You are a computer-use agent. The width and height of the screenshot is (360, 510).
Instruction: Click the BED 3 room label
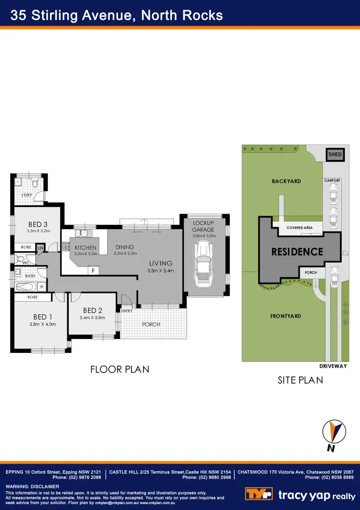coord(37,224)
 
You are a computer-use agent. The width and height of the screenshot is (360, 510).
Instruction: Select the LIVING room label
coord(160,263)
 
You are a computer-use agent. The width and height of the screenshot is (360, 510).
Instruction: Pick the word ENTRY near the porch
coord(127,311)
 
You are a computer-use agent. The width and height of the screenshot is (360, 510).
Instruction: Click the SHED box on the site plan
coord(335,154)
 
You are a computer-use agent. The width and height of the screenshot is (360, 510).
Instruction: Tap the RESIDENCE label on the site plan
coord(297,251)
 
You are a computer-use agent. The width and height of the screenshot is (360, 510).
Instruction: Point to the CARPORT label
coord(332,181)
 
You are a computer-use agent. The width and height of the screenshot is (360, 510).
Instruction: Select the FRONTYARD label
coord(286,316)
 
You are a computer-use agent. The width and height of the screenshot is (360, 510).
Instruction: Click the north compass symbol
coord(333,430)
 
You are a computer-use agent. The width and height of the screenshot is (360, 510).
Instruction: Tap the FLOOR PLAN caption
coord(120,369)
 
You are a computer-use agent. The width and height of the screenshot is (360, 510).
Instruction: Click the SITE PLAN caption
coord(300,380)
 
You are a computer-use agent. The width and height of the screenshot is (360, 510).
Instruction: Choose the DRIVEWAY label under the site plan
coord(333,366)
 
